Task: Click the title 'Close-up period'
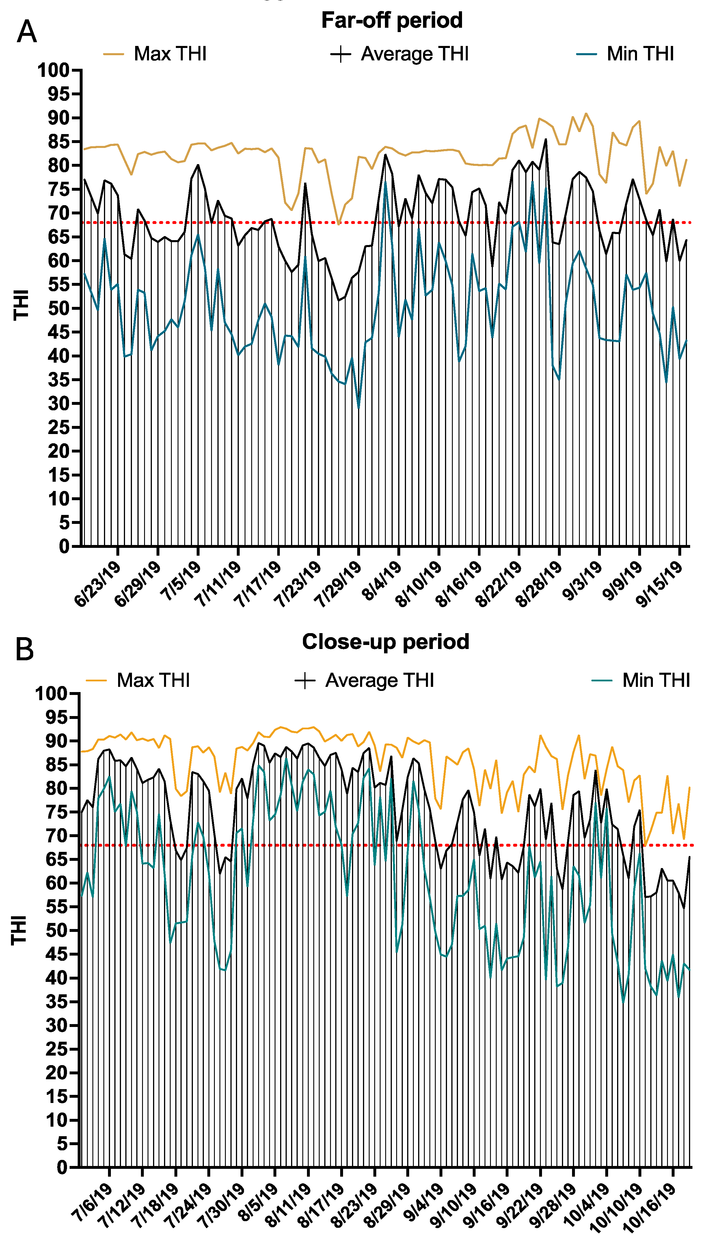[x=385, y=642]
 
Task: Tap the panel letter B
[x=25, y=649]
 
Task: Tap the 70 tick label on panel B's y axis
[x=56, y=836]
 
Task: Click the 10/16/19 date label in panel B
[x=650, y=1207]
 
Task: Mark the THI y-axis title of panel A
[x=21, y=305]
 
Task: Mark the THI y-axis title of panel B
[x=19, y=930]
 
